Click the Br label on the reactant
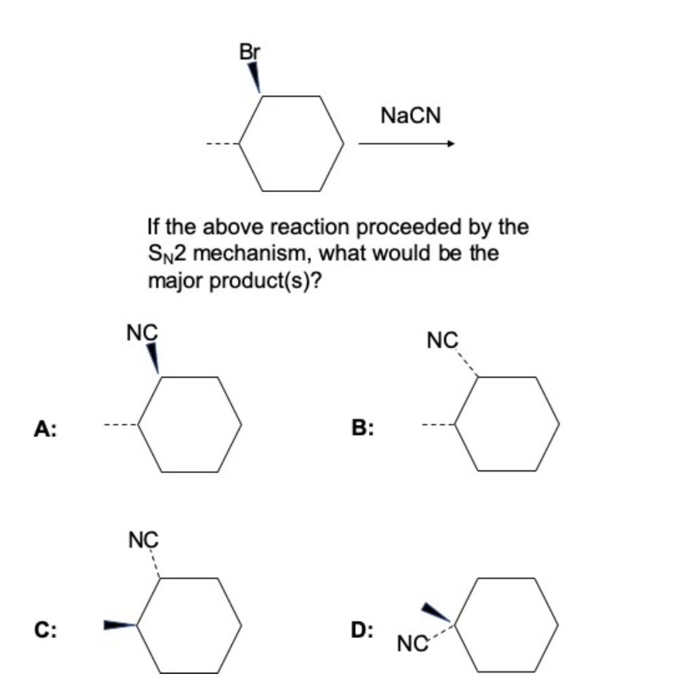[x=250, y=51]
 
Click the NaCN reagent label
[x=410, y=116]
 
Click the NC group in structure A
[x=142, y=333]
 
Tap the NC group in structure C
[x=142, y=540]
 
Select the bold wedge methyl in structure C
[x=120, y=624]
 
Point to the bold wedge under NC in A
[x=154, y=358]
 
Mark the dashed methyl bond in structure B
[x=438, y=426]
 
